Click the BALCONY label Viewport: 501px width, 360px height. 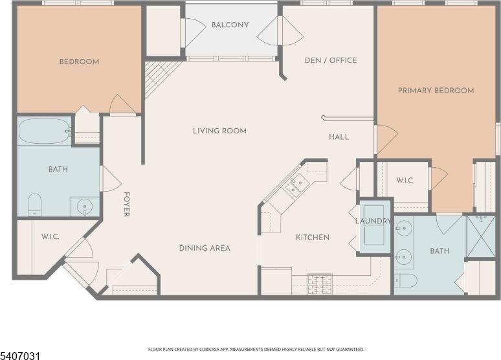pos(230,25)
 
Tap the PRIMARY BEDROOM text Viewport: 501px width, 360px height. pos(436,91)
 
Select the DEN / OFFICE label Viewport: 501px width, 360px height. pos(331,61)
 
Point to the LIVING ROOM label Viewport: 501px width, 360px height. pos(219,131)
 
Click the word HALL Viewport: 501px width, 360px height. pos(339,137)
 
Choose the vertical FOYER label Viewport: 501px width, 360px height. pos(127,204)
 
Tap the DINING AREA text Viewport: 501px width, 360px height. pos(205,248)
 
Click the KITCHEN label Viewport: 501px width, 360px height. pos(313,238)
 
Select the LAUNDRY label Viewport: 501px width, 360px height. pos(373,221)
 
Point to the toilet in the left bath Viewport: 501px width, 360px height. pos(34,204)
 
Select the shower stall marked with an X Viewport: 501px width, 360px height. pos(481,236)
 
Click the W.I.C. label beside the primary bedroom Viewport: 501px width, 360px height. pos(405,181)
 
